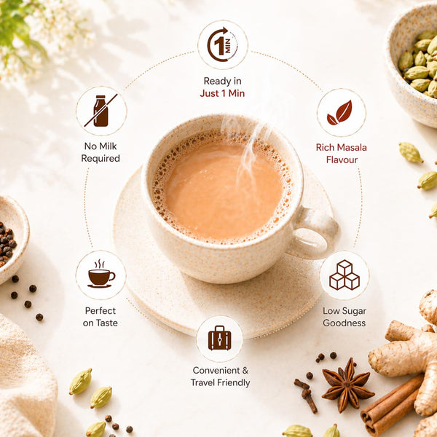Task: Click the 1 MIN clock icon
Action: coord(222,44)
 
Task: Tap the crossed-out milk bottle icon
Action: coord(101,111)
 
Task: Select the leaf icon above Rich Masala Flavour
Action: coord(339,113)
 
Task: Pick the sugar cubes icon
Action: coord(345,275)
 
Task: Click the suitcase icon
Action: coord(220,338)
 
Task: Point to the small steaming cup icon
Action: coord(101,274)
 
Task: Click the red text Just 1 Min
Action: coord(222,93)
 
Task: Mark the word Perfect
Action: coord(101,310)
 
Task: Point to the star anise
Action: coord(347,385)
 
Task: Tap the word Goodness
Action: coord(345,323)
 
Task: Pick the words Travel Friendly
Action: coord(220,382)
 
